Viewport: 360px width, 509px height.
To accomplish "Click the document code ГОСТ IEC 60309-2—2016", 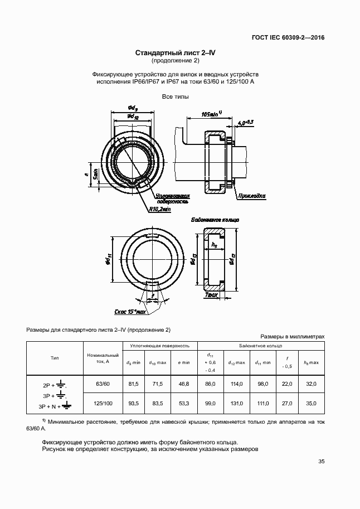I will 288,38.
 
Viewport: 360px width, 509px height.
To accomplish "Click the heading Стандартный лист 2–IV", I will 176,53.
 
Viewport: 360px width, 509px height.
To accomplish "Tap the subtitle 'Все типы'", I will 176,97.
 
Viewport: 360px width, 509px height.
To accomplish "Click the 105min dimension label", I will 211,114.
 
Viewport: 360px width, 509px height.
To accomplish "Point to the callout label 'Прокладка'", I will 251,196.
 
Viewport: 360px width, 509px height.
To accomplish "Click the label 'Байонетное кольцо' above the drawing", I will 215,220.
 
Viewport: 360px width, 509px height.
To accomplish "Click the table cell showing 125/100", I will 103,403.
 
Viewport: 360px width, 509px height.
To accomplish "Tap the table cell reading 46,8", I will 183,384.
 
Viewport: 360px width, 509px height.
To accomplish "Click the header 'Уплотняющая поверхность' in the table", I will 160,346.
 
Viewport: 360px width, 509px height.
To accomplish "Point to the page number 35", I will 322,461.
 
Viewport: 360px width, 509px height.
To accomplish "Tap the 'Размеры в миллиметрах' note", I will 292,337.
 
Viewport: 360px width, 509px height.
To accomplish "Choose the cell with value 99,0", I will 210,403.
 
